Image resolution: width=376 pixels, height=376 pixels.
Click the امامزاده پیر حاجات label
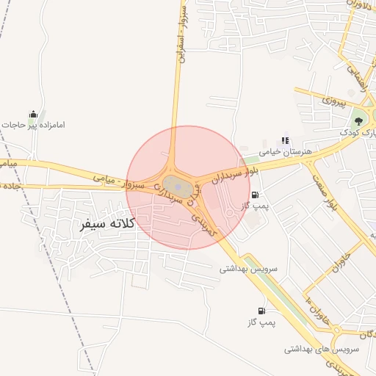[x=33, y=126]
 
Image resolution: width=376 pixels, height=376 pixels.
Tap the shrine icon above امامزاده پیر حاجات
[x=32, y=114]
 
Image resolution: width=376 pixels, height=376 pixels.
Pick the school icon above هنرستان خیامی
[x=285, y=140]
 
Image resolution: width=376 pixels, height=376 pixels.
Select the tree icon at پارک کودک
[x=358, y=120]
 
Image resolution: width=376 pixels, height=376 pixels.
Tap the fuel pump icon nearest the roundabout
[x=255, y=195]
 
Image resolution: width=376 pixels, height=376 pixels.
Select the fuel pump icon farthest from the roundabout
[x=260, y=311]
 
